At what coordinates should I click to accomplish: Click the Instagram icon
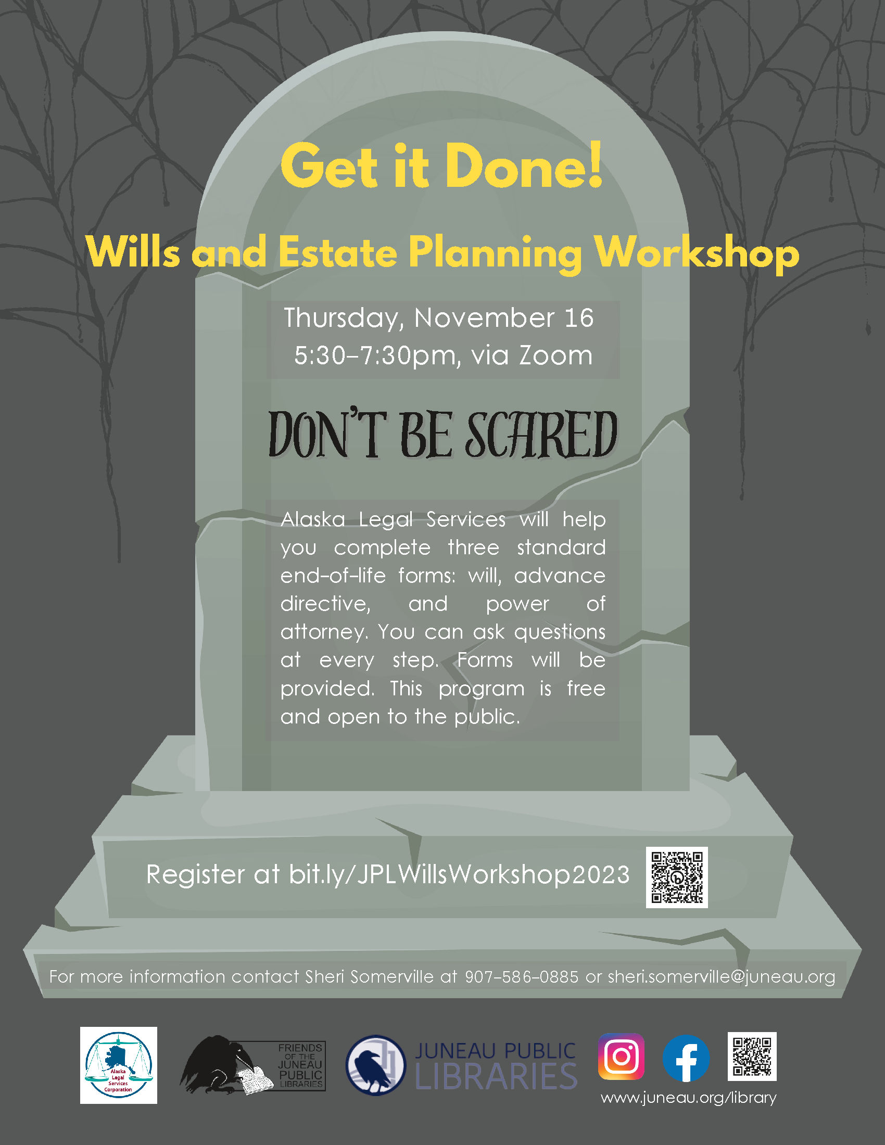click(621, 1057)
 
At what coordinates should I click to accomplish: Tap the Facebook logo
click(686, 1058)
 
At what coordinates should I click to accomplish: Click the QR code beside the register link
click(677, 877)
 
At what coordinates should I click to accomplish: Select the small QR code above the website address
click(752, 1057)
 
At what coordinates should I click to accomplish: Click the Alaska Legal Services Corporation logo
click(119, 1065)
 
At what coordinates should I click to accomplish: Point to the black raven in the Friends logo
click(218, 1064)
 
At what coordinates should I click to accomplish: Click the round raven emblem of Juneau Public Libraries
click(375, 1065)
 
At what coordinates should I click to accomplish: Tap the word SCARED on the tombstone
click(541, 435)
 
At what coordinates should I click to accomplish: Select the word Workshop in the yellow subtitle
click(697, 253)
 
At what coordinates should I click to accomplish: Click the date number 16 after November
click(579, 317)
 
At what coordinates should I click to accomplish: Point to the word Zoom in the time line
click(556, 355)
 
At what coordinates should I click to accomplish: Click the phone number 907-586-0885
click(522, 977)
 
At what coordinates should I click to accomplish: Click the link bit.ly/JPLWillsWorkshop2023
click(459, 875)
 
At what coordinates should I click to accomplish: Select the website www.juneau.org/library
click(688, 1098)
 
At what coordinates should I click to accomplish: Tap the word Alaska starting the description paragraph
click(312, 519)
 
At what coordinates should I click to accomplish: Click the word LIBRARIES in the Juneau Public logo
click(496, 1076)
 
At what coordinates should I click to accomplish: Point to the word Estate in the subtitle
click(338, 253)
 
